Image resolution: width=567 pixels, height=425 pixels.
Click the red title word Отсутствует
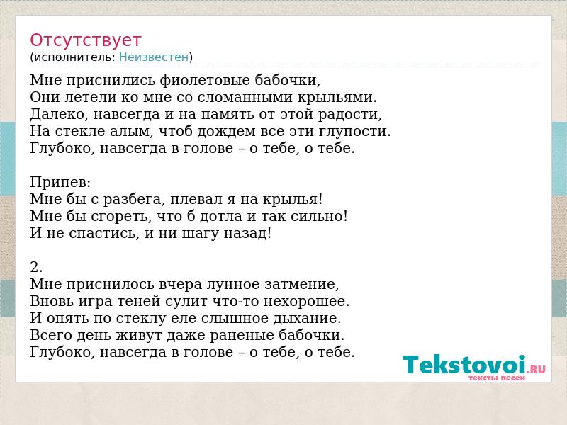(85, 40)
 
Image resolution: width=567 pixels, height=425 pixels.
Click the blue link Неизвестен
(154, 57)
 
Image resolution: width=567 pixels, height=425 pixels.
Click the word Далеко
(60, 114)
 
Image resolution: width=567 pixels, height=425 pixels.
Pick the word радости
(349, 115)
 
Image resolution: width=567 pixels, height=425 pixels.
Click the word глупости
(354, 132)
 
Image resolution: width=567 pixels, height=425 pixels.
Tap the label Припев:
(60, 182)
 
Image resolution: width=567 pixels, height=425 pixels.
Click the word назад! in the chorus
(247, 234)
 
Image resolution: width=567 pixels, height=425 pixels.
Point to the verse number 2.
(36, 267)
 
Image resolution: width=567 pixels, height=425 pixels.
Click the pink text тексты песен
(497, 378)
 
